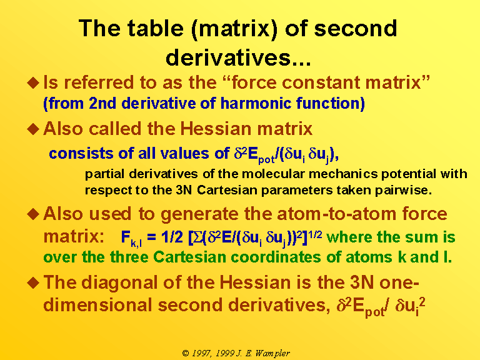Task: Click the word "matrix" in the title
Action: point(234,29)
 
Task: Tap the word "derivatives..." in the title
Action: point(238,57)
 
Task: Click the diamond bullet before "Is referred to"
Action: point(33,82)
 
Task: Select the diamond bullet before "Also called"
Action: point(33,129)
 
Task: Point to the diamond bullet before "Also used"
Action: point(33,214)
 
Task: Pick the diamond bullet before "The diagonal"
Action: point(33,282)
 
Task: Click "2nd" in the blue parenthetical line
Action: point(102,103)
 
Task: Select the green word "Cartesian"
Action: point(189,257)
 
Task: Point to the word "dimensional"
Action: point(97,305)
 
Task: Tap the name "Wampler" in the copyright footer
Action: point(272,354)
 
